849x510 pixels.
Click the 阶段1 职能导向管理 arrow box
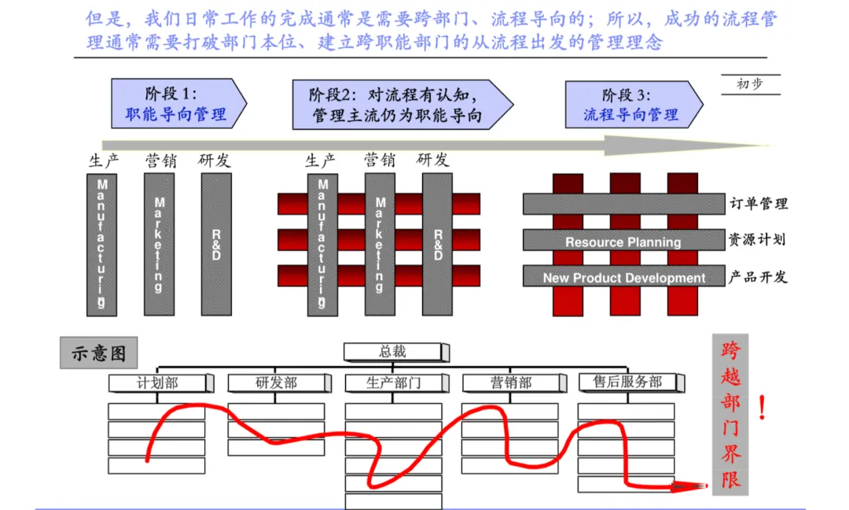(177, 104)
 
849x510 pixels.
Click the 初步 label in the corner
(749, 84)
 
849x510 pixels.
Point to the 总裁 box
(394, 352)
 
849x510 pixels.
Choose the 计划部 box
(158, 383)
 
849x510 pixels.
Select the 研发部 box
(276, 383)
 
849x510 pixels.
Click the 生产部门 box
(394, 383)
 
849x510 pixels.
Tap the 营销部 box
(511, 383)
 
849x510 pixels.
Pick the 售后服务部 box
(627, 382)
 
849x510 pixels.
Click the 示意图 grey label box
(98, 353)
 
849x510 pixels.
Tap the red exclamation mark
(762, 408)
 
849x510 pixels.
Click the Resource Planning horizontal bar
(624, 241)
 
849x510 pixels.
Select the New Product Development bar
(624, 277)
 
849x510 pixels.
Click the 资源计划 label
(758, 240)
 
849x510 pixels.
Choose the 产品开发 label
(758, 277)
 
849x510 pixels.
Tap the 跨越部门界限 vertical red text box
(731, 415)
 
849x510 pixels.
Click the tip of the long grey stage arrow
(769, 145)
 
